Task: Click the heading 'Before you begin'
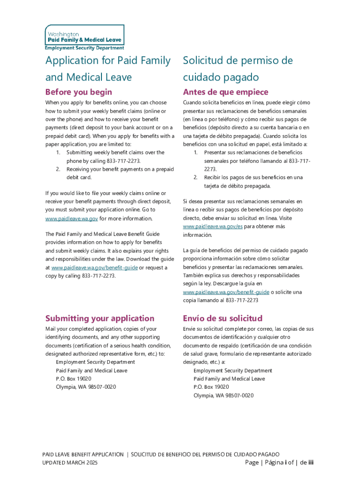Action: [x=79, y=92]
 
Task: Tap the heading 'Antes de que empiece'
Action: [x=225, y=92]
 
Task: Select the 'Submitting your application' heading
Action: [x=100, y=318]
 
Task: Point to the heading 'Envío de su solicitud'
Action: [x=223, y=318]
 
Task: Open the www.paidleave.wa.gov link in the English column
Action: [x=72, y=218]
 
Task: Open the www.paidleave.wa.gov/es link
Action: [x=213, y=226]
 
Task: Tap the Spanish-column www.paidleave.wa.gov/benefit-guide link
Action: [x=226, y=292]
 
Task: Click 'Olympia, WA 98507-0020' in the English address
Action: [x=86, y=387]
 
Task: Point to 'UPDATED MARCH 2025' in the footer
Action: [x=70, y=463]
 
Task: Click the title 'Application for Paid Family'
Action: [x=108, y=61]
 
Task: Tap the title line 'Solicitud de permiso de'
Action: [x=238, y=61]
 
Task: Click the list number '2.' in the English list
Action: [x=58, y=169]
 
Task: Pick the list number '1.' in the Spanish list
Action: [x=195, y=152]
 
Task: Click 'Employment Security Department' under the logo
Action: [x=85, y=48]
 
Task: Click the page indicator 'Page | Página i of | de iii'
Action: [x=279, y=463]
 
